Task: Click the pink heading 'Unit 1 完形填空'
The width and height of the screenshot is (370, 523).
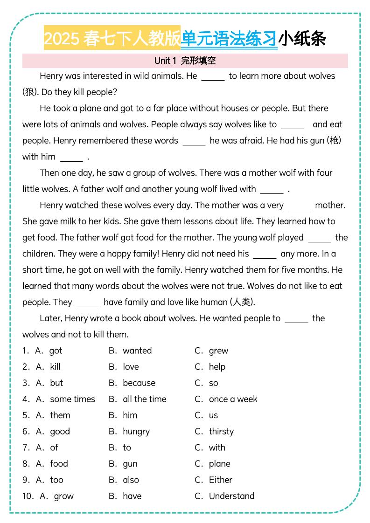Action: point(185,61)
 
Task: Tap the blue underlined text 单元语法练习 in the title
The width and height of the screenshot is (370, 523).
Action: point(229,39)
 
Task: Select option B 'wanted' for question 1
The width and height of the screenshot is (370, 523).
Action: point(137,351)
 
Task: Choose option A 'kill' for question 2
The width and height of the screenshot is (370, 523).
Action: point(55,367)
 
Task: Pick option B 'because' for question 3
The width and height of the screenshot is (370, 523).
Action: point(139,383)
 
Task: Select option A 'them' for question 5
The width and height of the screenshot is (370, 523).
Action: point(60,415)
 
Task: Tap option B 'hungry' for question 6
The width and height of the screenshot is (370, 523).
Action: point(136,432)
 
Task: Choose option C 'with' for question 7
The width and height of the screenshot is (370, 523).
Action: point(217,448)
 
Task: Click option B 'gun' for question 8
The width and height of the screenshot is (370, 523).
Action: point(130,464)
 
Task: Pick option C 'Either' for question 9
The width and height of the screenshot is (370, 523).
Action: point(220,480)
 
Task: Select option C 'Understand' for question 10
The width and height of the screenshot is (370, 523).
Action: point(231,496)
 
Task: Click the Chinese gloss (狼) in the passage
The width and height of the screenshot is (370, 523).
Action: point(30,92)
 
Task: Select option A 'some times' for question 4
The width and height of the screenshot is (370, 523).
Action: point(72,399)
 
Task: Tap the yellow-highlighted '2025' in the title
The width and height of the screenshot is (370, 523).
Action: point(62,39)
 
